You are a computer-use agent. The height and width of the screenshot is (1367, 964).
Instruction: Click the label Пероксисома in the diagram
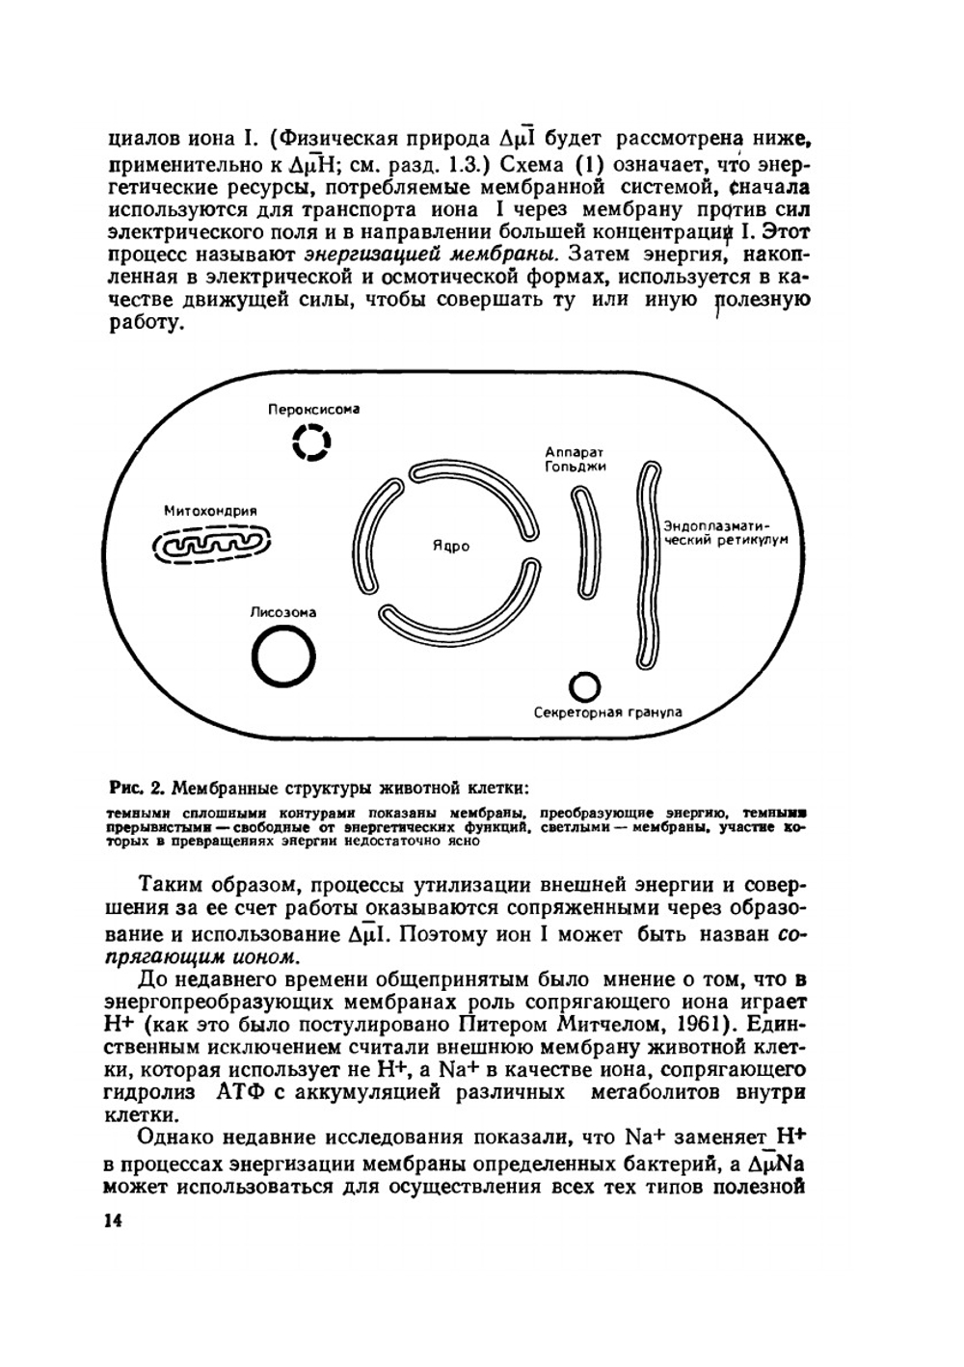pos(313,409)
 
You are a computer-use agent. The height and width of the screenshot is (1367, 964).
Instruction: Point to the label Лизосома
pos(282,612)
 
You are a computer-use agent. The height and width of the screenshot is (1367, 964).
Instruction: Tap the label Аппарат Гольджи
pos(575,459)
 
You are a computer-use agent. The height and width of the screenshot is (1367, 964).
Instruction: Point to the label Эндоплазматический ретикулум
pos(725,533)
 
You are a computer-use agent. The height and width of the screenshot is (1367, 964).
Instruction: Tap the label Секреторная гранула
pos(607,712)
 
